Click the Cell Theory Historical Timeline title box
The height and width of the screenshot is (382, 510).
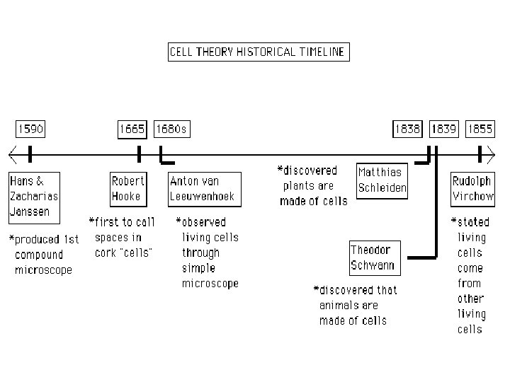(x=258, y=52)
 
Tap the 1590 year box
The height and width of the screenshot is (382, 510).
(x=30, y=129)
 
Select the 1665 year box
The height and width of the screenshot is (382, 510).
(x=132, y=129)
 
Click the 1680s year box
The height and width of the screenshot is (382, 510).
(x=171, y=129)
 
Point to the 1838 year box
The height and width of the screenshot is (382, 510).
(x=407, y=129)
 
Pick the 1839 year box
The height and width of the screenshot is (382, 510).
(x=444, y=129)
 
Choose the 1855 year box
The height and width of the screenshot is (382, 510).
(x=480, y=129)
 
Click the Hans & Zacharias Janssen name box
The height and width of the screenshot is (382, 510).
(x=34, y=196)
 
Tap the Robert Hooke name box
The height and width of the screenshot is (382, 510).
(x=128, y=188)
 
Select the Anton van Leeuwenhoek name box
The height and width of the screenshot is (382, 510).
(x=202, y=188)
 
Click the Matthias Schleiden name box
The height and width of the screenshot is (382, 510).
(x=382, y=180)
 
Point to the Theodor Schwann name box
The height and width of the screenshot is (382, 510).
(x=373, y=258)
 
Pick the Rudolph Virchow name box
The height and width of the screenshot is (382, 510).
(x=471, y=188)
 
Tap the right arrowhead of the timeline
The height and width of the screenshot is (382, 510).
(x=491, y=153)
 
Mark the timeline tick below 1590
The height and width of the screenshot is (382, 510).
(x=30, y=153)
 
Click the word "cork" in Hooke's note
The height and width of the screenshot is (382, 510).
(x=106, y=253)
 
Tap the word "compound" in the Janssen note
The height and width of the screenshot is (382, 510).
(x=39, y=255)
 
